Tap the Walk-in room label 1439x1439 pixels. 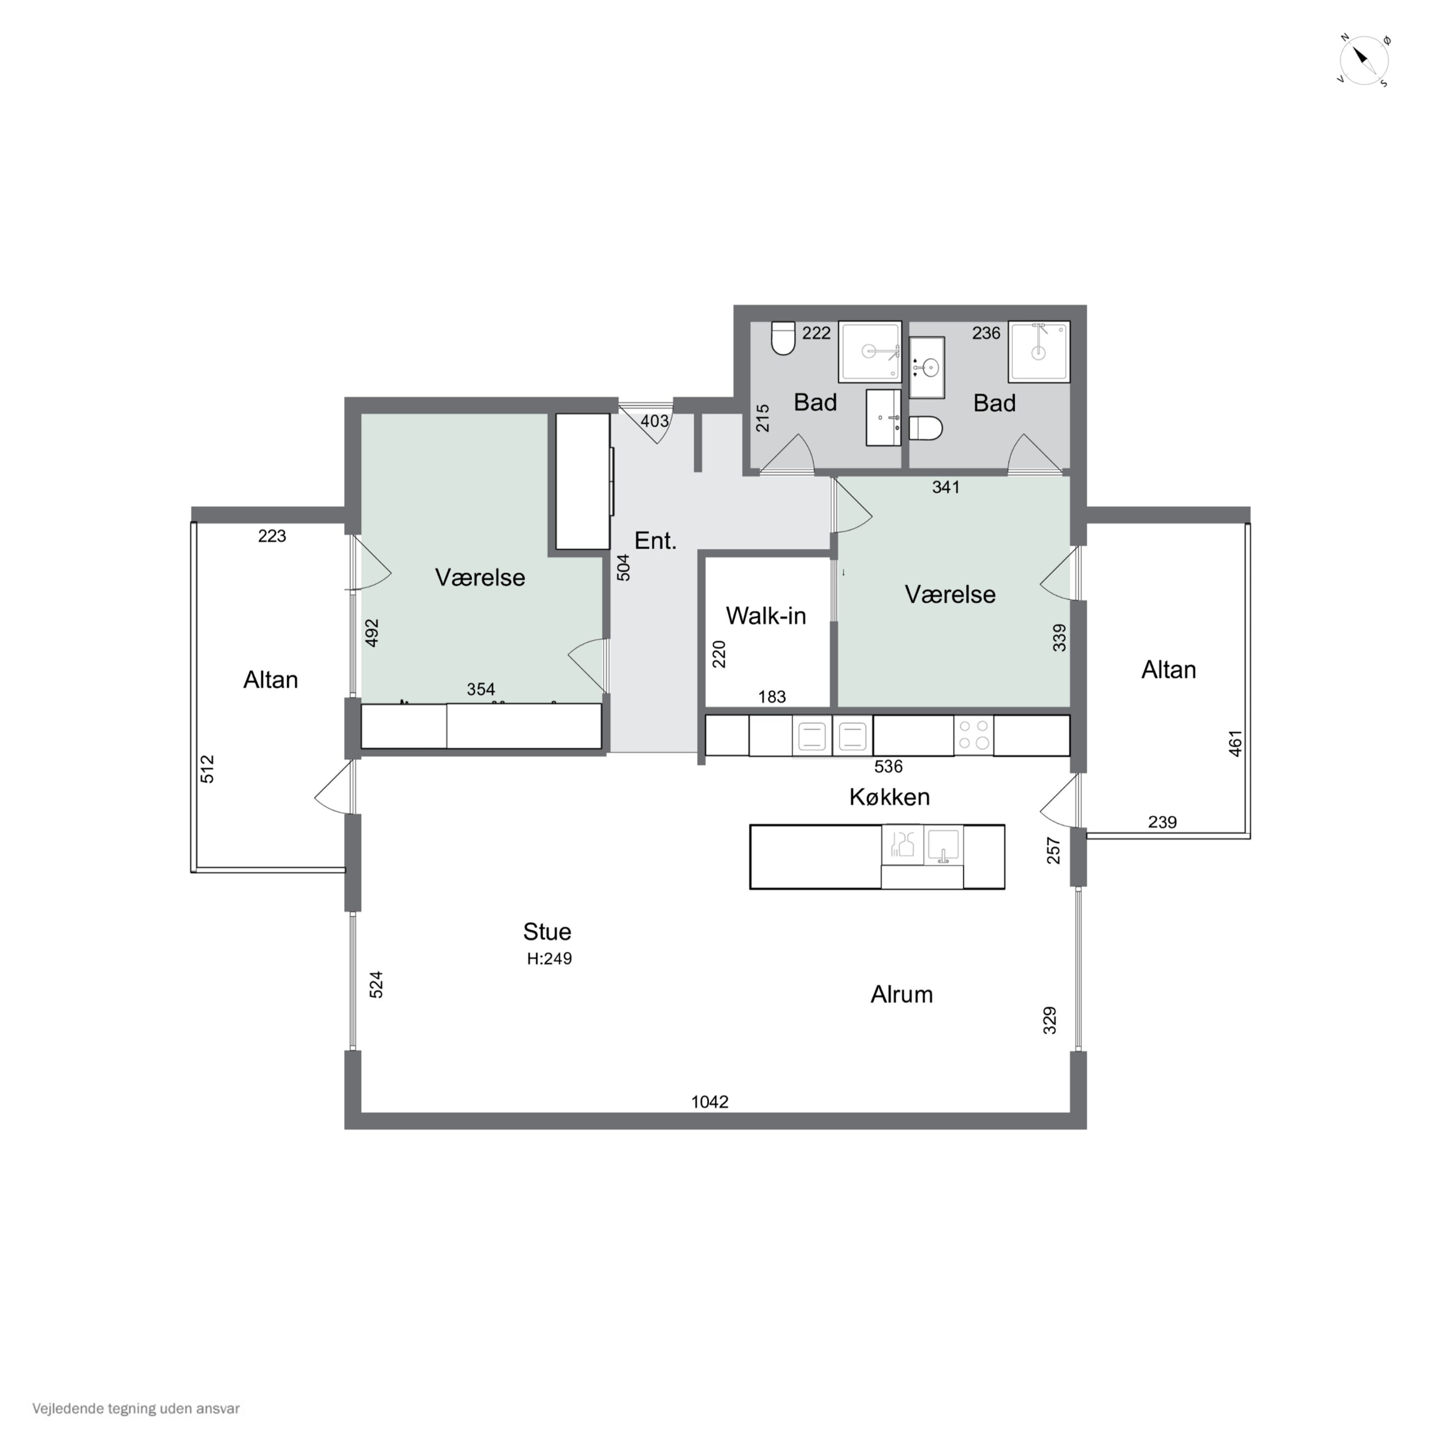[x=766, y=615]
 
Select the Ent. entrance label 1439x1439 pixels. [x=655, y=541]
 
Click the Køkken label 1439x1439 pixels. [x=889, y=797]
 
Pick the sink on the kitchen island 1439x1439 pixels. [x=943, y=845]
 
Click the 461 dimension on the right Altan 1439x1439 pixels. [x=1236, y=744]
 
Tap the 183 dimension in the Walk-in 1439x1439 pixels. [x=772, y=697]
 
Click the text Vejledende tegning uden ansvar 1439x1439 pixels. [x=136, y=1408]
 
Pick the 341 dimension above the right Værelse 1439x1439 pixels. [x=946, y=488]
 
